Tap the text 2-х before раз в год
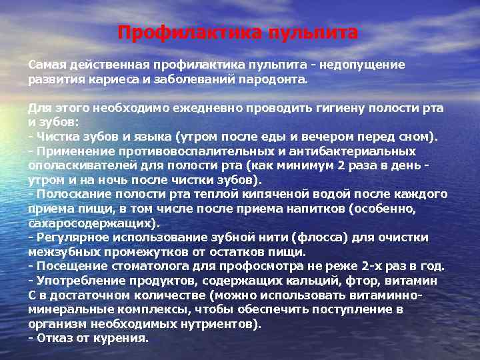tap(371, 267)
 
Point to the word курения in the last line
tap(123, 339)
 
